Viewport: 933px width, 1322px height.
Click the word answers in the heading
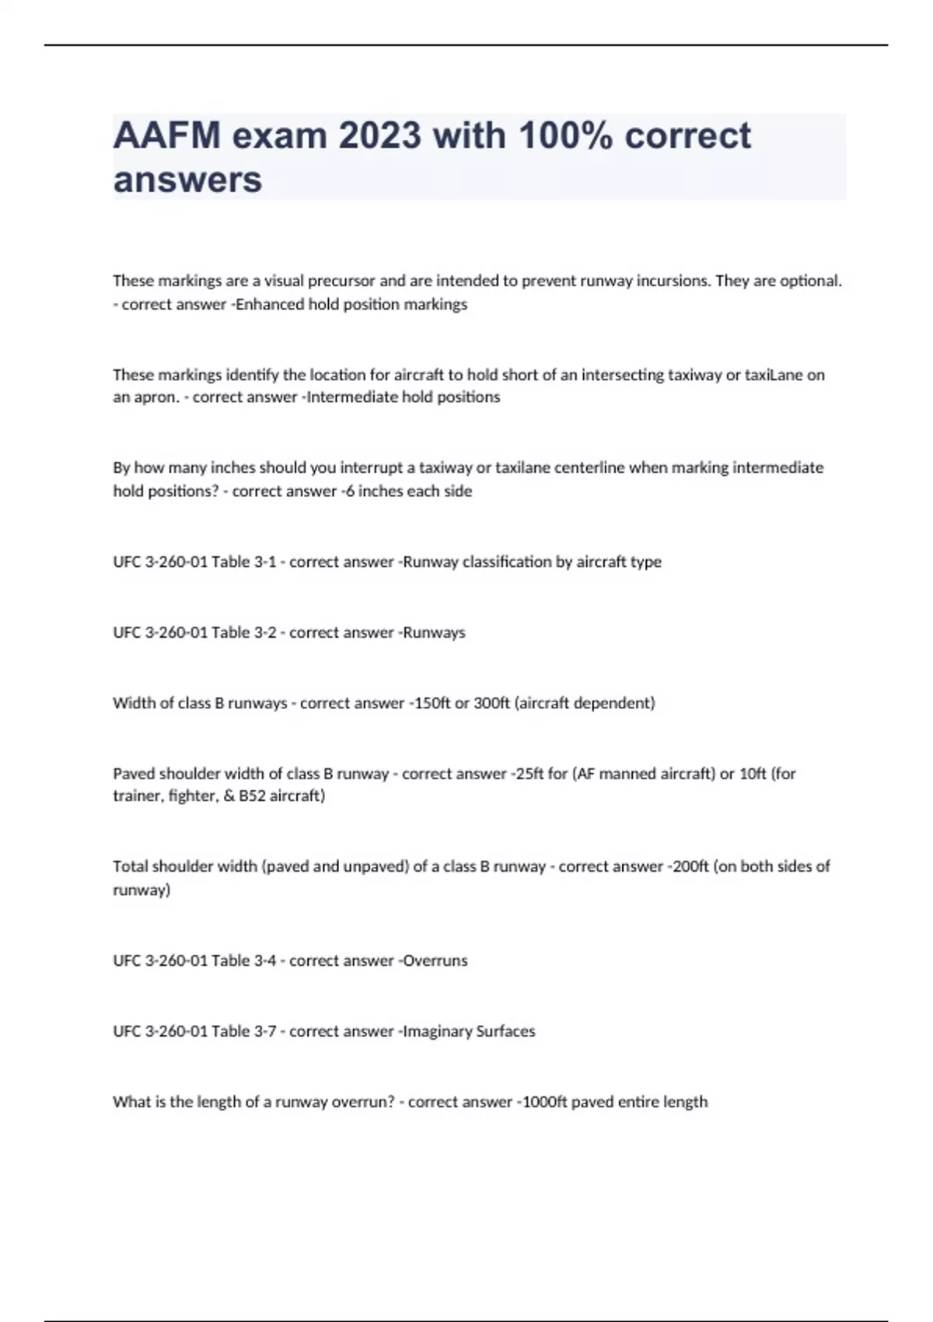click(187, 180)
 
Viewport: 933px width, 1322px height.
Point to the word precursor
click(341, 281)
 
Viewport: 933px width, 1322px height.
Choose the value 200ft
click(687, 866)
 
